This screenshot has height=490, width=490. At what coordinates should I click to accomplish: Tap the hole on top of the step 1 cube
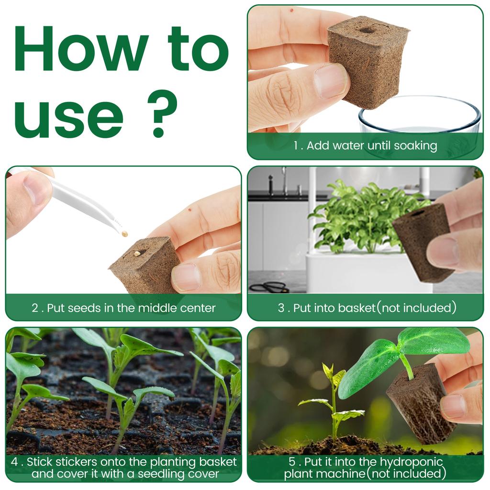coord(367,30)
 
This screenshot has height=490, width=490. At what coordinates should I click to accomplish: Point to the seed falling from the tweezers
coord(124,234)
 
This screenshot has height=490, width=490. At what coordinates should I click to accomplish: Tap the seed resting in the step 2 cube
coord(137,253)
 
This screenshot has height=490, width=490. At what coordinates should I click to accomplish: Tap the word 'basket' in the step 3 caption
coord(356,308)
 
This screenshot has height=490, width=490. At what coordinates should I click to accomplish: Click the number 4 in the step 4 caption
coord(14,462)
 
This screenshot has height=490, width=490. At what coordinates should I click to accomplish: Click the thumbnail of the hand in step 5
coord(452,406)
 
